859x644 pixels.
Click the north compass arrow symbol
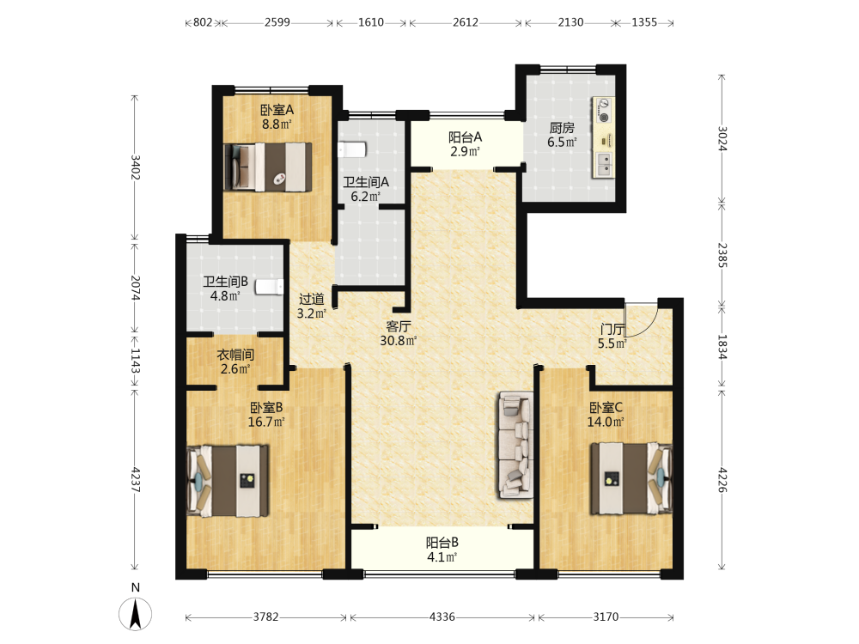click(x=136, y=613)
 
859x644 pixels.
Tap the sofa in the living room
click(x=516, y=445)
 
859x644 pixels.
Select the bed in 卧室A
click(x=268, y=167)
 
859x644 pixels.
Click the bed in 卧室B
click(x=228, y=481)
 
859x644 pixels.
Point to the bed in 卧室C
click(x=631, y=478)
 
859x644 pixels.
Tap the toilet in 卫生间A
click(x=352, y=149)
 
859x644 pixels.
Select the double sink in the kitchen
click(x=604, y=164)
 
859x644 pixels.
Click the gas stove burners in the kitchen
click(x=603, y=110)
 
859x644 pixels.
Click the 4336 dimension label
click(x=442, y=617)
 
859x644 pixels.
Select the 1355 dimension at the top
click(x=644, y=22)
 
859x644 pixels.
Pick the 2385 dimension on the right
click(x=722, y=255)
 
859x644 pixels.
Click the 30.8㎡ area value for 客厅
click(x=399, y=341)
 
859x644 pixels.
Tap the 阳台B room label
click(x=442, y=543)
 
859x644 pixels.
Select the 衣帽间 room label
click(x=235, y=355)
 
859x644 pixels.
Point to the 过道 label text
click(x=312, y=299)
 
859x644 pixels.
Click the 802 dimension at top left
click(x=203, y=22)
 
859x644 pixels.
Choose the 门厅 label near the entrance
click(x=612, y=329)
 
